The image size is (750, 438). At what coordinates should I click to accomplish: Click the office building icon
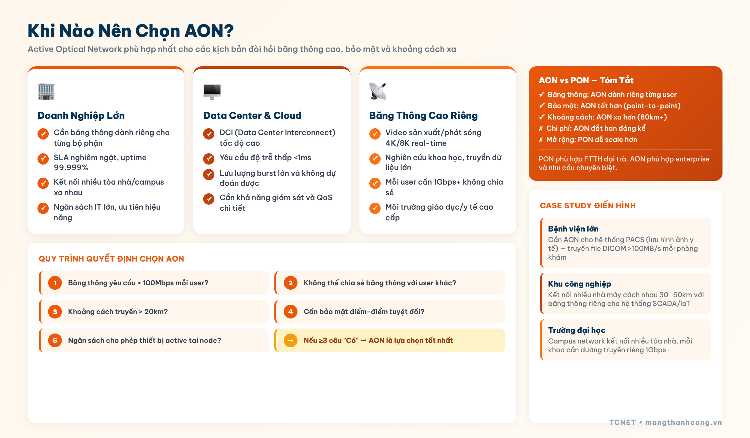[x=46, y=91]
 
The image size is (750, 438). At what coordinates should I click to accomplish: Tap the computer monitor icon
[x=212, y=91]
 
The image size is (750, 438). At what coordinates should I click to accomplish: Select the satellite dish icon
[x=377, y=91]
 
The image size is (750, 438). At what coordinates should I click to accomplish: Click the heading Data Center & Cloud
[x=252, y=115]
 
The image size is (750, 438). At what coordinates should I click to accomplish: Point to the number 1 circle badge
[x=55, y=283]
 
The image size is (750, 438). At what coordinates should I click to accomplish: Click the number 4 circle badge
[x=291, y=312]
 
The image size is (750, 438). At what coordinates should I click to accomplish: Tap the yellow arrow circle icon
[x=291, y=340]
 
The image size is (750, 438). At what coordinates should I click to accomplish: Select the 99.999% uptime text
[x=71, y=167]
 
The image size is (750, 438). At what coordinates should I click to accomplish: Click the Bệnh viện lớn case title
[x=573, y=229]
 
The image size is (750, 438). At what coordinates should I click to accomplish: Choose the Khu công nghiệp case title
[x=579, y=284]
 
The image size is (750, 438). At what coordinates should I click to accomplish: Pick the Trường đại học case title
[x=577, y=330]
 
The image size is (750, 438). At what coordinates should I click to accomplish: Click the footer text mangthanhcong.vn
[x=683, y=422]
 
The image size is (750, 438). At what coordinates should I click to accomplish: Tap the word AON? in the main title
[x=209, y=31]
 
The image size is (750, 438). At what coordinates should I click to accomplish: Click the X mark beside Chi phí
[x=541, y=129]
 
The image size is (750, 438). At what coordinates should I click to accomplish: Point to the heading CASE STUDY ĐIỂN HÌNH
[x=587, y=206]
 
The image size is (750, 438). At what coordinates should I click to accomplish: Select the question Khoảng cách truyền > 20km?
[x=118, y=312]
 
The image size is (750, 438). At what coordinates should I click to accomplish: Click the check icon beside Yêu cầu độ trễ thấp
[x=209, y=159]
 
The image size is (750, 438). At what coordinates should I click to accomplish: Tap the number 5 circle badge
[x=55, y=340]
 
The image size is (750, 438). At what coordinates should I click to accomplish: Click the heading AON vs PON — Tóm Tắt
[x=586, y=80]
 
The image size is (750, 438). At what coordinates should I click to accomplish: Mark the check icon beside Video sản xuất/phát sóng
[x=375, y=134]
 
